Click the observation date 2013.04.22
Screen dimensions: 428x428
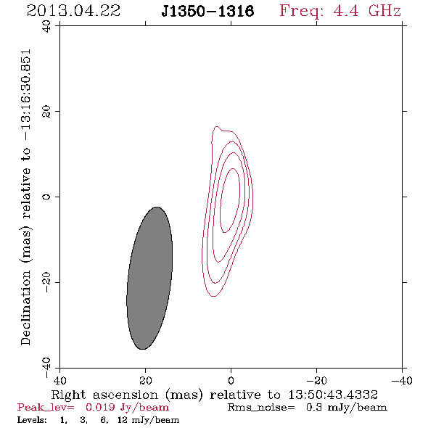(x=73, y=11)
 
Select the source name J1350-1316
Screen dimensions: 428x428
(x=207, y=11)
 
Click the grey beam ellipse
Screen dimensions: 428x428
(x=149, y=278)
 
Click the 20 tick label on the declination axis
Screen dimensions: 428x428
(x=46, y=112)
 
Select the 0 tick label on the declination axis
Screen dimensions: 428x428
(x=46, y=197)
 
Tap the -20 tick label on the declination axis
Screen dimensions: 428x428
(x=46, y=282)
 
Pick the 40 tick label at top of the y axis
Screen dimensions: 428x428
(x=46, y=26)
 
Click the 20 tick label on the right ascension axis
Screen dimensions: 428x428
(x=146, y=380)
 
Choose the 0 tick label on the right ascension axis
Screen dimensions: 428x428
(x=231, y=380)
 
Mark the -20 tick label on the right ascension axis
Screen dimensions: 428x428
(x=316, y=380)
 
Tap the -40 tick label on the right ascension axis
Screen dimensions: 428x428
(x=402, y=380)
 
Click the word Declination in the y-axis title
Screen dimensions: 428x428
(x=25, y=308)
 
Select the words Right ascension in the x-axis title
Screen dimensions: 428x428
(x=104, y=395)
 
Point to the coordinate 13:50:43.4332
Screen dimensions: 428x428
(x=333, y=395)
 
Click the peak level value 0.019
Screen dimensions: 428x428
(x=100, y=407)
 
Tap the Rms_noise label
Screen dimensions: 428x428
(x=261, y=408)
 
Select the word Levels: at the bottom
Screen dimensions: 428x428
(x=32, y=419)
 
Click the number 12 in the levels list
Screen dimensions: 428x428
(x=123, y=419)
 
